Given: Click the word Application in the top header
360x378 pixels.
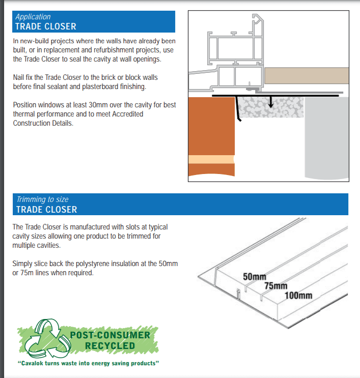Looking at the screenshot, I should [33, 17].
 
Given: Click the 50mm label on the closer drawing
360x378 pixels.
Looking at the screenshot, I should [255, 277].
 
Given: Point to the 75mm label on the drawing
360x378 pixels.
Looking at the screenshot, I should [275, 286].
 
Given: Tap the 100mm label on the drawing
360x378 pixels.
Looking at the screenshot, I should [298, 295].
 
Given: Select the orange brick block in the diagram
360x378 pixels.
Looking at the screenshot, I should [211, 127].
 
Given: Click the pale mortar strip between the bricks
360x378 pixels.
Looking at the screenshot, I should [211, 160].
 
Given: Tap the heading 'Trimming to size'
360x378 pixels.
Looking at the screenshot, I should [42, 199].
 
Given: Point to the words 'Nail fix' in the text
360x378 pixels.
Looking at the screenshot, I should [24, 77].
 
